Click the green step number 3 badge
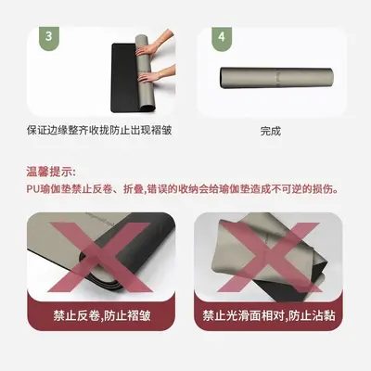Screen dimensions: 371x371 (49, 37)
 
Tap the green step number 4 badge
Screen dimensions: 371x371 (222, 37)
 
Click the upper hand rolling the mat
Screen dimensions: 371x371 (155, 45)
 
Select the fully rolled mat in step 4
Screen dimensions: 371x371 (276, 78)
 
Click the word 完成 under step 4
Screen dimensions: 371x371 (271, 131)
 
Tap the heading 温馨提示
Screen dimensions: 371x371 (50, 172)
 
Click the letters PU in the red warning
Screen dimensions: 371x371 (32, 189)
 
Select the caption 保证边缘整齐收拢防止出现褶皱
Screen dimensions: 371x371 (99, 130)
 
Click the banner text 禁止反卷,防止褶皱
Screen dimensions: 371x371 (102, 315)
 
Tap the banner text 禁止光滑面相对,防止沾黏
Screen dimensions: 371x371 (269, 315)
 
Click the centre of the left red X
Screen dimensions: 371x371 (100, 257)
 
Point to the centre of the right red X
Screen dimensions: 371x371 (269, 257)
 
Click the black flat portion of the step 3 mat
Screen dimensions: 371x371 (123, 77)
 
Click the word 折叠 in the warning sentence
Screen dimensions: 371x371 (133, 189)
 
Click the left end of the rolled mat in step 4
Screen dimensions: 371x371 (222, 78)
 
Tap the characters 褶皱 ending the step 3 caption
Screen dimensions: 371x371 (161, 130)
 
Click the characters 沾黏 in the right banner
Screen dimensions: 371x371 (325, 315)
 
